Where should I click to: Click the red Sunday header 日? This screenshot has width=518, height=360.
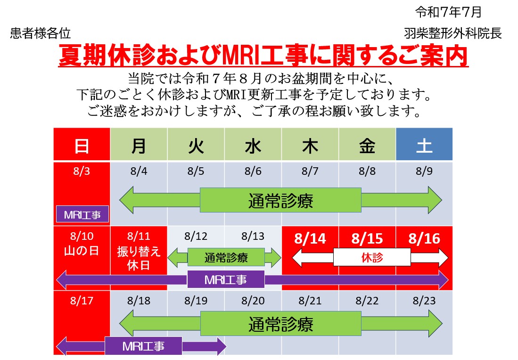(x=82, y=146)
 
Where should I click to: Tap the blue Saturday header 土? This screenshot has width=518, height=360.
(x=424, y=146)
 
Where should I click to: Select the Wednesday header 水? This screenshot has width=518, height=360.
(x=253, y=146)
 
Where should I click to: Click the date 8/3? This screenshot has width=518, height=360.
(x=82, y=171)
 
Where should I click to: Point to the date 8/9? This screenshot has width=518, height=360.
(x=424, y=171)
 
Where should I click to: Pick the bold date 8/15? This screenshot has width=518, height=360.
(x=367, y=238)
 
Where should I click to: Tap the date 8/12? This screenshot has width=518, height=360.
(x=196, y=236)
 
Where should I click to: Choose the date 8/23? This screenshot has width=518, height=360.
(x=424, y=301)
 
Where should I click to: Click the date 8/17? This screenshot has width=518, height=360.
(x=82, y=301)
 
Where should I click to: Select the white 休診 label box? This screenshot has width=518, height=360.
(x=372, y=257)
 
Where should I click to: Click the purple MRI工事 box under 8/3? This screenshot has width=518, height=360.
(x=82, y=215)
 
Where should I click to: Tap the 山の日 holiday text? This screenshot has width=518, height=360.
(x=82, y=251)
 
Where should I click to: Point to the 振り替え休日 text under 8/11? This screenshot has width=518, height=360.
(x=139, y=258)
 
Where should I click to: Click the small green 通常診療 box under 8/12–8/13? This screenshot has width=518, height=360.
(x=226, y=257)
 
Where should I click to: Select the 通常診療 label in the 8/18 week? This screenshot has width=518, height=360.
(x=281, y=324)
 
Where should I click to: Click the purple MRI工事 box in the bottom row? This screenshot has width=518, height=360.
(x=143, y=346)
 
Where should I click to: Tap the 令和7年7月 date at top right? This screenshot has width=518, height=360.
(x=448, y=12)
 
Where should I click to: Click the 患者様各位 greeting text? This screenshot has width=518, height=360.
(x=41, y=33)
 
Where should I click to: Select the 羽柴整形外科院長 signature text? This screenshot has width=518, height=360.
(x=452, y=33)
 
